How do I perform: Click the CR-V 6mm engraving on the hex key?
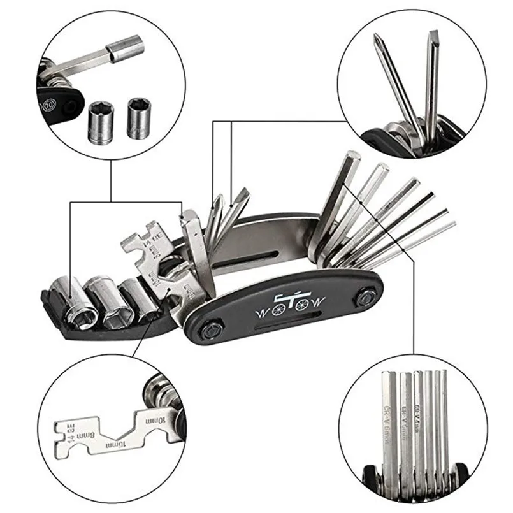pyautogui.click(x=387, y=417)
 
